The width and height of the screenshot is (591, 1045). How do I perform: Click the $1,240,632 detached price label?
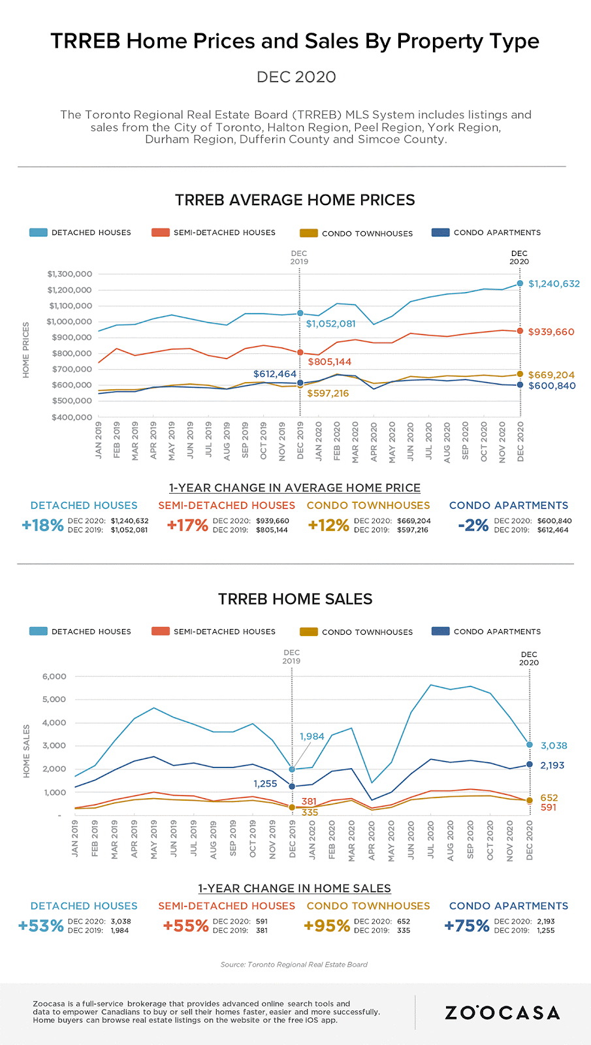click(x=554, y=283)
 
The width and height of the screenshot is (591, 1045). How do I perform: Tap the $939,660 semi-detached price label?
click(x=551, y=332)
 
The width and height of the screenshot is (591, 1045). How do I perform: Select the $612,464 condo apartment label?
click(x=275, y=374)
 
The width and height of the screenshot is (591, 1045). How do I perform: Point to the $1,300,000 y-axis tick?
click(x=69, y=274)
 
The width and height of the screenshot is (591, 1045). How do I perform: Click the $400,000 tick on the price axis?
click(x=72, y=417)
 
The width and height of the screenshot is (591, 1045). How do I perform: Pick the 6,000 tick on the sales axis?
click(x=54, y=676)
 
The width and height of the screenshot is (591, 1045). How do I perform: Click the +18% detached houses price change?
click(x=42, y=525)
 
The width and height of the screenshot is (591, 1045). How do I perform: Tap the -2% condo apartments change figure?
click(x=473, y=525)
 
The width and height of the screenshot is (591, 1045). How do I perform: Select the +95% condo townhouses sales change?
click(x=327, y=925)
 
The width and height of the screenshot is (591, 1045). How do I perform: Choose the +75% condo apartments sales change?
click(x=467, y=925)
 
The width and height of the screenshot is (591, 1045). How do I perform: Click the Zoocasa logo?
click(x=502, y=1013)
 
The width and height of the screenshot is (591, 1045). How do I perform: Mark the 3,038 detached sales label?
click(x=554, y=745)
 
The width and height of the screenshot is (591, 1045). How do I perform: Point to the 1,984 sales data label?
click(x=312, y=736)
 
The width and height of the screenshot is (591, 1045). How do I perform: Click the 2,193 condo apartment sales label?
click(x=552, y=765)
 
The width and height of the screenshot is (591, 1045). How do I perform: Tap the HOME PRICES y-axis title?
click(x=26, y=350)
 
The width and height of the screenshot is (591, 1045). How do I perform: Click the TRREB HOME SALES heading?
click(x=295, y=599)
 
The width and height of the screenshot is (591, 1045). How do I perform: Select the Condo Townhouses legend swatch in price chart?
click(x=308, y=233)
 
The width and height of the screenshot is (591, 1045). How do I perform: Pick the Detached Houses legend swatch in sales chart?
click(x=39, y=632)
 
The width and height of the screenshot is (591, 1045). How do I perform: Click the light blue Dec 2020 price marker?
click(x=520, y=283)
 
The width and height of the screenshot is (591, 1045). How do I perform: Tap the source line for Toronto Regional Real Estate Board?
click(x=294, y=965)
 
